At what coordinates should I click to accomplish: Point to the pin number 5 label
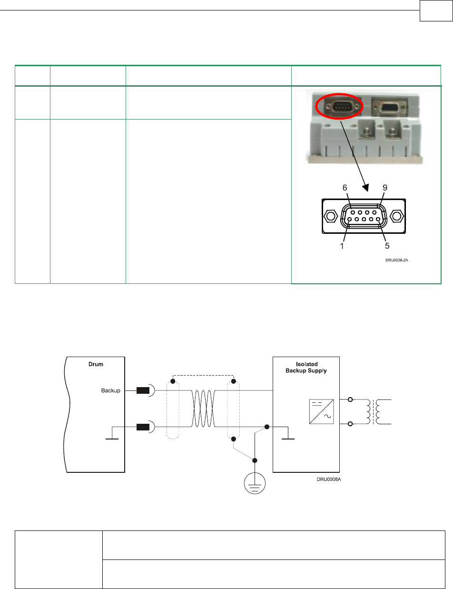point(387,247)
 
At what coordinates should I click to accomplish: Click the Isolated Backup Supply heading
point(305,368)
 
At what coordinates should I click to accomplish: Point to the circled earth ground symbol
point(255,486)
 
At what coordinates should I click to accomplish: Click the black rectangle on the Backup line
point(143,391)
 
